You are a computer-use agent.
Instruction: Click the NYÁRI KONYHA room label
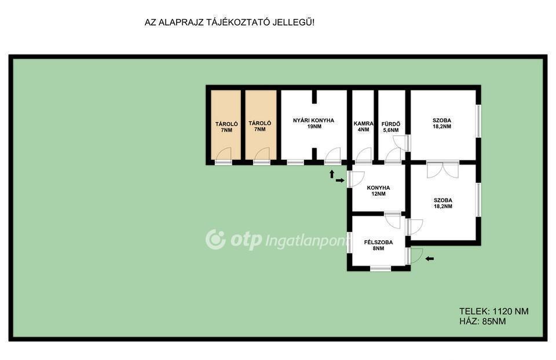(x=313, y=123)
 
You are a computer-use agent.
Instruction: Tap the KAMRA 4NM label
(x=364, y=127)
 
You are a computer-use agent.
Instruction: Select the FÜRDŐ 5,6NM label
(x=391, y=127)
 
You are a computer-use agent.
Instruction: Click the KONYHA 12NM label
(x=378, y=190)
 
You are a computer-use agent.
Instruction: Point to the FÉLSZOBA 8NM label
(x=378, y=245)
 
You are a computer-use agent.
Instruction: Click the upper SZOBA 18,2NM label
(x=442, y=123)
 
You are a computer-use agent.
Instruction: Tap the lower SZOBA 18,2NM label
(x=443, y=203)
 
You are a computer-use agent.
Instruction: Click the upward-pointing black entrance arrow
(x=332, y=174)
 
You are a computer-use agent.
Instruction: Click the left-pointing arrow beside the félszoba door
(x=429, y=259)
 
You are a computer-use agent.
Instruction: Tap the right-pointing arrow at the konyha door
(x=340, y=181)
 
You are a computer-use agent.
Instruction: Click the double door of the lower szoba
(x=442, y=170)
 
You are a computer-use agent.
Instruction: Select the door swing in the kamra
(x=364, y=155)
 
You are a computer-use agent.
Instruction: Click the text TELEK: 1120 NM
(x=493, y=311)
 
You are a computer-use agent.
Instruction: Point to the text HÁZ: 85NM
(x=482, y=321)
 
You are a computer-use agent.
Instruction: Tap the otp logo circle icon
(x=215, y=239)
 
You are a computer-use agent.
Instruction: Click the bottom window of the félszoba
(x=380, y=269)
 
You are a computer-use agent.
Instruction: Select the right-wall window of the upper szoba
(x=478, y=121)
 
